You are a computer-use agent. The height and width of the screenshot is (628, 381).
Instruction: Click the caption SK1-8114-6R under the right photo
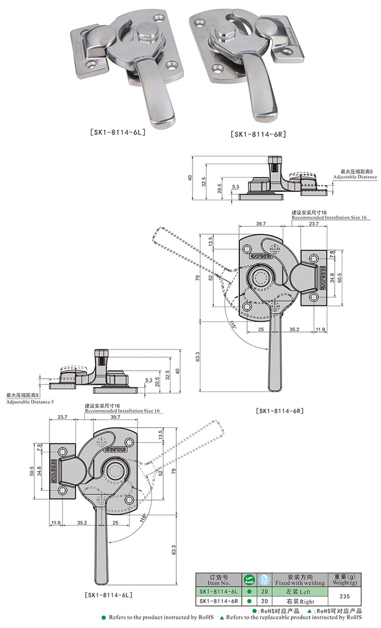point(259,134)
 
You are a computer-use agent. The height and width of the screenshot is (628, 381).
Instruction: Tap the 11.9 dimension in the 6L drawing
point(56,522)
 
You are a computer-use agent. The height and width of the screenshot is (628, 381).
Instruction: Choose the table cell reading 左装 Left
point(298,592)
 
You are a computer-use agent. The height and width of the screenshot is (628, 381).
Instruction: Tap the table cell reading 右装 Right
point(298,601)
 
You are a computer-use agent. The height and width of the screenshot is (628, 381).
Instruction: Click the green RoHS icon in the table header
point(248,579)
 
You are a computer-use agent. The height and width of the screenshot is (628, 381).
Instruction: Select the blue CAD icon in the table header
point(264,579)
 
